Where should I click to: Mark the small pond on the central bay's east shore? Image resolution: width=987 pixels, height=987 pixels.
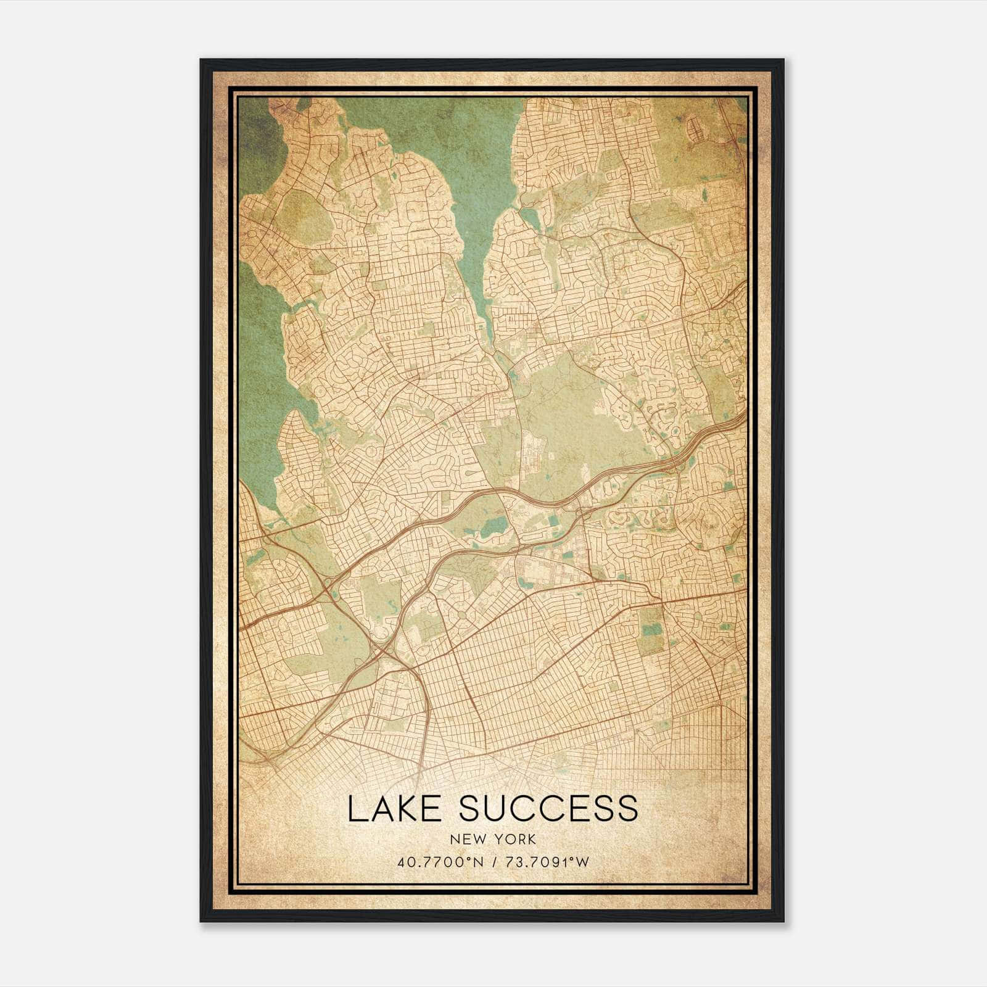coord(529,217)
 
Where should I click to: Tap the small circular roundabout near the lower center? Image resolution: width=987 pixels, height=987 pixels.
coord(462,615)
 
